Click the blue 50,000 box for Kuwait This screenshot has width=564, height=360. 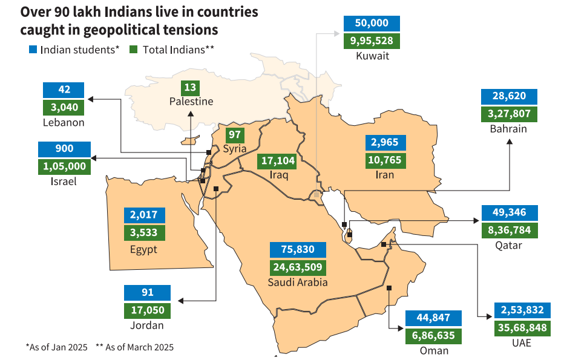pos(372,24)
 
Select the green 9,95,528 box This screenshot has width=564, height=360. pos(372,41)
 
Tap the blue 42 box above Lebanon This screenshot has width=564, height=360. pos(64,90)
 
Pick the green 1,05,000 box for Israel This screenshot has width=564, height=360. pos(64,166)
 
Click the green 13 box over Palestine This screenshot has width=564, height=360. pos(191,87)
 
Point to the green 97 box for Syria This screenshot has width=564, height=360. pos(234,135)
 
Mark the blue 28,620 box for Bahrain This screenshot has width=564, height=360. pos(509,96)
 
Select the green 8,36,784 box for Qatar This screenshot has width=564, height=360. pos(509,231)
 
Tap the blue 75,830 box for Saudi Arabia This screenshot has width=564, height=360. pos(298,249)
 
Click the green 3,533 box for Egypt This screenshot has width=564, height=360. pos(144,232)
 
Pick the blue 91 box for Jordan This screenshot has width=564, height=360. pos(147,293)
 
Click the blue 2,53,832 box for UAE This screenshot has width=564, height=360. pos(522,310)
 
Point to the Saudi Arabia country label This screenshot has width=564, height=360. pos(298,283)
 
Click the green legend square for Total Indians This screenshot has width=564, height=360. pos(134,49)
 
